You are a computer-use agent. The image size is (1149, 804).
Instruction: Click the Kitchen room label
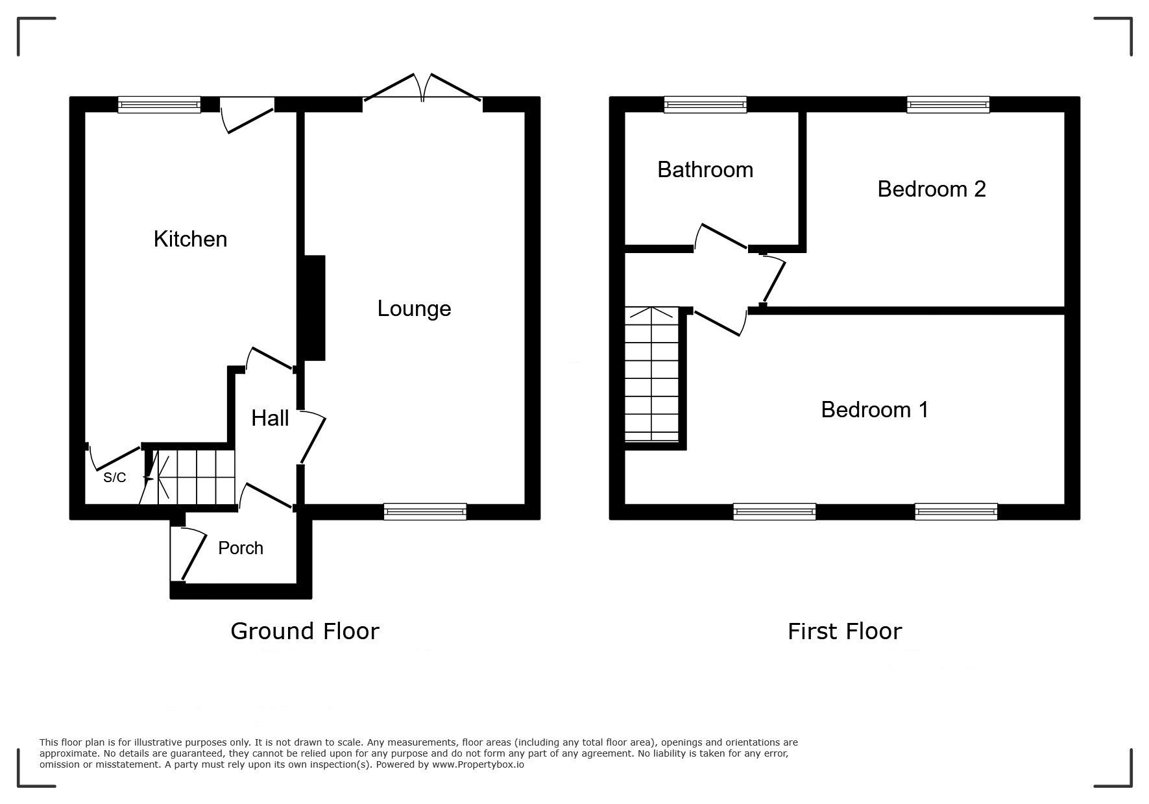[190, 239]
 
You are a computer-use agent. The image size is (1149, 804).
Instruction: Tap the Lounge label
[414, 309]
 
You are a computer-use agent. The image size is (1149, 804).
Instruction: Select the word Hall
[270, 418]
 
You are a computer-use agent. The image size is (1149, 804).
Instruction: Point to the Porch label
[241, 548]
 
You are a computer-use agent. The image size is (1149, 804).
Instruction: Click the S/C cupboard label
[115, 478]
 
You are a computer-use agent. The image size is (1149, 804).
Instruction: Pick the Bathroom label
[705, 169]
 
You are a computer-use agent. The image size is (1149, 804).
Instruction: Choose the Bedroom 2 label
[932, 189]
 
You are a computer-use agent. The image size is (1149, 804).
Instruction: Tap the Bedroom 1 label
[875, 409]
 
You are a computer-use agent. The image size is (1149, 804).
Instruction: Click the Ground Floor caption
[305, 631]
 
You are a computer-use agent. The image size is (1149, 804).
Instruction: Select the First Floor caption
[845, 631]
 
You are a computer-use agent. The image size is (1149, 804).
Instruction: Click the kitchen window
[159, 104]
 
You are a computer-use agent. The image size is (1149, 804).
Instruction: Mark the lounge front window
[425, 512]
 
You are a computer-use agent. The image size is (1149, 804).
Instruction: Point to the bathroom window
[705, 104]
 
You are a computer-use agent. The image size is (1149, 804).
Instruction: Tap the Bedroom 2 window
[948, 104]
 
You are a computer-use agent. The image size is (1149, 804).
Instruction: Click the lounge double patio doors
[423, 88]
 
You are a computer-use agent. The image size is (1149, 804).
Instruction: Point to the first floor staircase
[651, 374]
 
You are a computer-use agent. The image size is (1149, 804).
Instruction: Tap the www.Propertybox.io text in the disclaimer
[478, 764]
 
